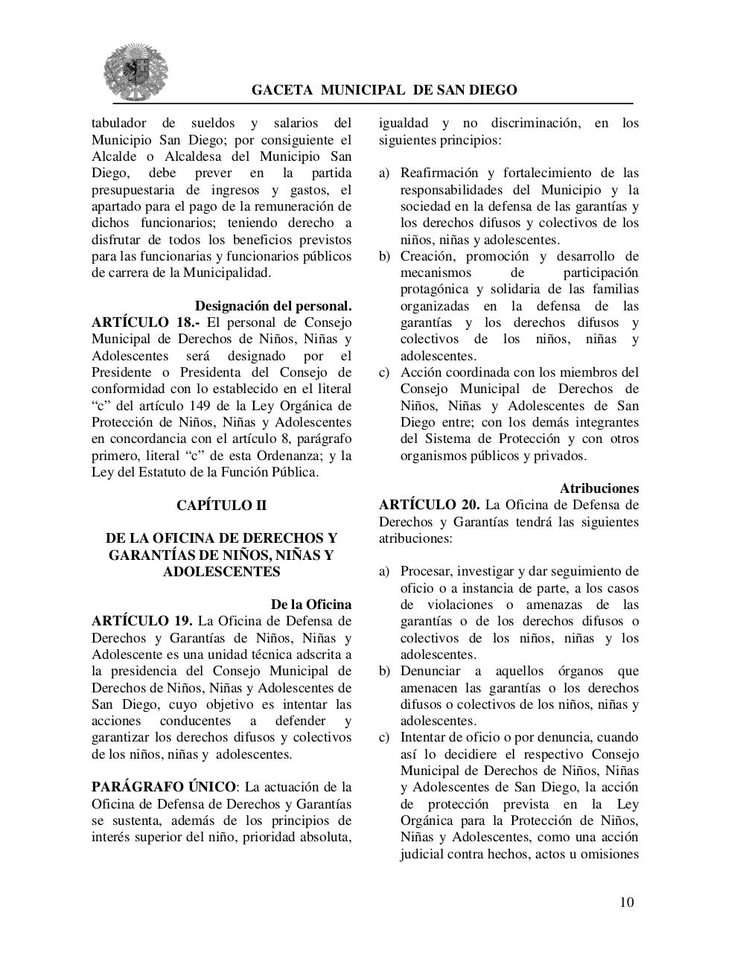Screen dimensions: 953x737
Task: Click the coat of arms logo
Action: pos(135,71)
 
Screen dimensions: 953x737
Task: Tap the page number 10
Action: pos(626,902)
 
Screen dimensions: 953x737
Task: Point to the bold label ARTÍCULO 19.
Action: pos(142,621)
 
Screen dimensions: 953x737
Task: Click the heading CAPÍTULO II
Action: pos(221,505)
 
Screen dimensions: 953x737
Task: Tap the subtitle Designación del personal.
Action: pos(273,306)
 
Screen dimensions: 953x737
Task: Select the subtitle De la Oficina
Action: pos(310,605)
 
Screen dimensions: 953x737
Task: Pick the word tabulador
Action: pos(119,123)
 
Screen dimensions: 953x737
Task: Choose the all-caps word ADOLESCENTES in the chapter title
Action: pos(221,572)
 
